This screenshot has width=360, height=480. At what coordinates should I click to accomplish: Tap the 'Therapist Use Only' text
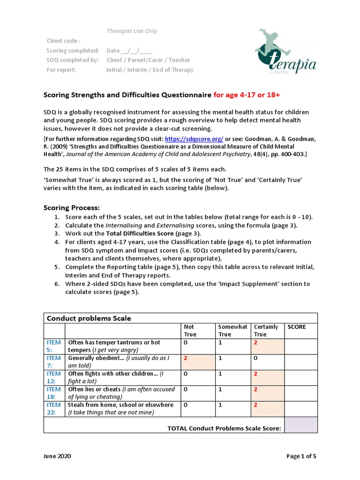click(132, 31)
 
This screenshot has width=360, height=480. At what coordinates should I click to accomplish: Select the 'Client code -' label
click(63, 41)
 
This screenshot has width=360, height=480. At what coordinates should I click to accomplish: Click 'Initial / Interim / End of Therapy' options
click(150, 70)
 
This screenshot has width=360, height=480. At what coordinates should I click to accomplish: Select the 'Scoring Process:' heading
click(72, 208)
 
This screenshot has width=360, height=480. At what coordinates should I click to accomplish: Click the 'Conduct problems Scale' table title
click(89, 318)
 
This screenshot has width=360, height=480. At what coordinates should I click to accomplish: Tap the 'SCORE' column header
click(296, 327)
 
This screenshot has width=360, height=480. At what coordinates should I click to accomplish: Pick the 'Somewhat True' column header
click(232, 330)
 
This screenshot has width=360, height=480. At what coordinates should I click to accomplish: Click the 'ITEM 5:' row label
click(53, 346)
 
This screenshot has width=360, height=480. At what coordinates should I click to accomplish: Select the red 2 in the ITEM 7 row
click(186, 358)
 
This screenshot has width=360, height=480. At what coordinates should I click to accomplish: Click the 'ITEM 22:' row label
click(53, 408)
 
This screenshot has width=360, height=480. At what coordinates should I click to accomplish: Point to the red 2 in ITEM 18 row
click(256, 389)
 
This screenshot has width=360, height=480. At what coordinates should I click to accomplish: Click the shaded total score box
click(300, 425)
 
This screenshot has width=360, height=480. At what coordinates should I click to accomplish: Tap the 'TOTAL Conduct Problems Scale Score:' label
click(224, 428)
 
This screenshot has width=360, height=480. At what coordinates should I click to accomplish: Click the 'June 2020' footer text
click(58, 456)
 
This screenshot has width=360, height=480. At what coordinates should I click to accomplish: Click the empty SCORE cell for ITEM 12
click(300, 377)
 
